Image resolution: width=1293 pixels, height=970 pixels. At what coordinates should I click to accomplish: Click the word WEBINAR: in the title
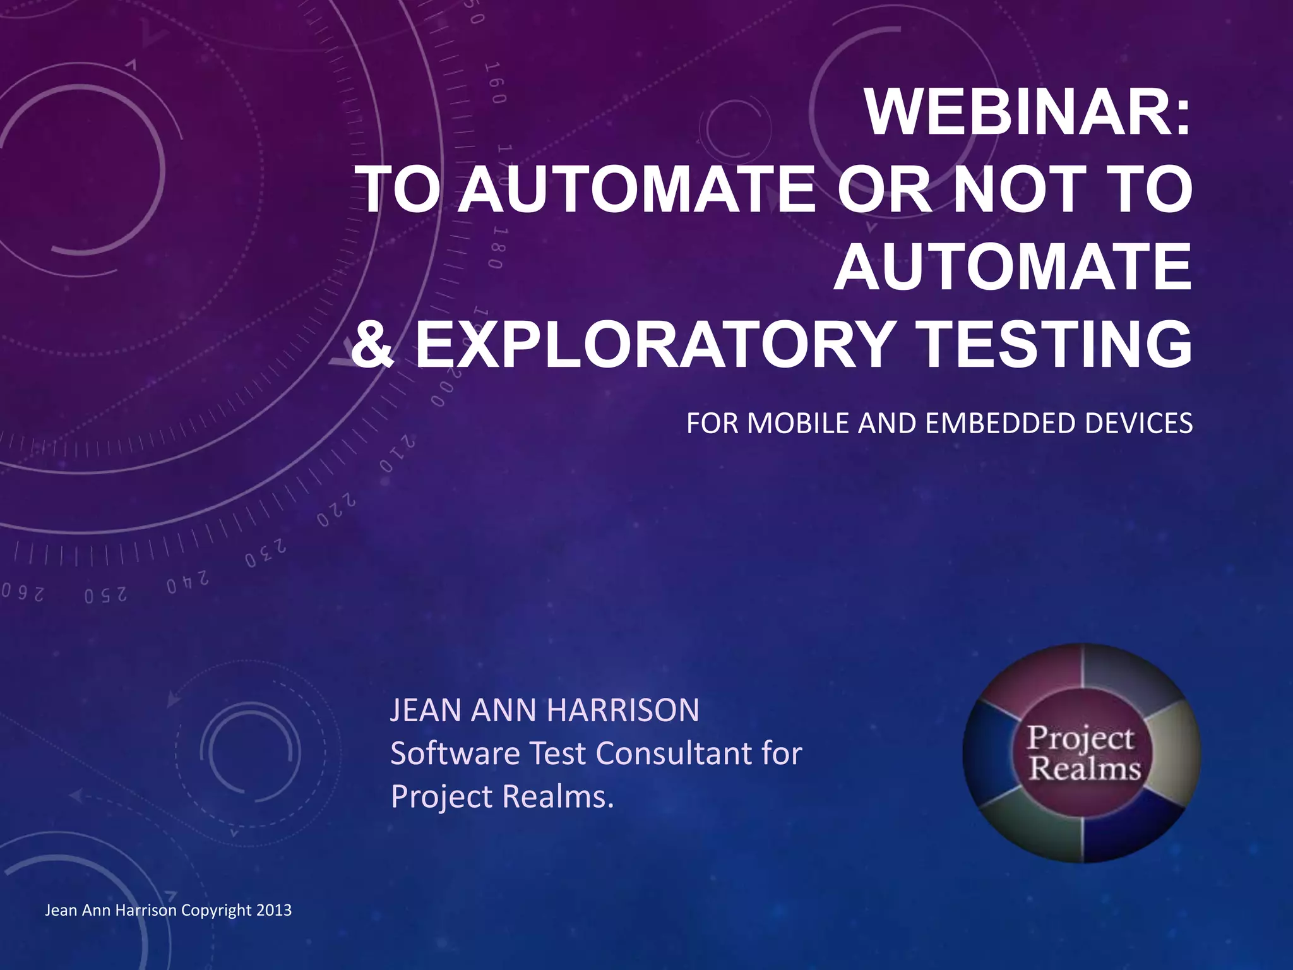coord(1028,114)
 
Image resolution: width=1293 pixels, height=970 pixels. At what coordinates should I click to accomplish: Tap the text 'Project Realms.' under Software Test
coord(502,797)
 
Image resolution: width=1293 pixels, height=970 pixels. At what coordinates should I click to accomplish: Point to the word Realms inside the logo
coord(1085,769)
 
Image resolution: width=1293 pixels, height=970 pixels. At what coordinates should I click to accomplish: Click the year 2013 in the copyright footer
coord(274,911)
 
